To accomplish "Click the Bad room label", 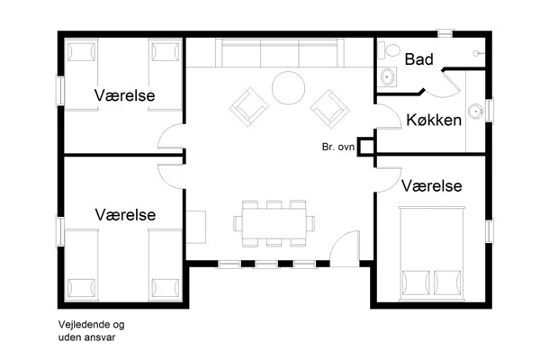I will click(x=420, y=60).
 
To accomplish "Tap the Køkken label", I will click(x=434, y=120).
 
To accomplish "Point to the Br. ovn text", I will click(x=338, y=147).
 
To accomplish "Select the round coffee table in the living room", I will click(x=289, y=87).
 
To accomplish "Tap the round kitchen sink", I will click(x=478, y=111).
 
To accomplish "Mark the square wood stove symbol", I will click(x=365, y=150).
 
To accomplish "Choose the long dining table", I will click(x=275, y=222).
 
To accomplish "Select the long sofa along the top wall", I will click(x=277, y=54).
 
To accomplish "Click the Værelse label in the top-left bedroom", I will click(x=125, y=95).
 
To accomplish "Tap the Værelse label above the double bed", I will click(x=432, y=185).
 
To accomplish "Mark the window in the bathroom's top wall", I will click(x=445, y=34).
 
